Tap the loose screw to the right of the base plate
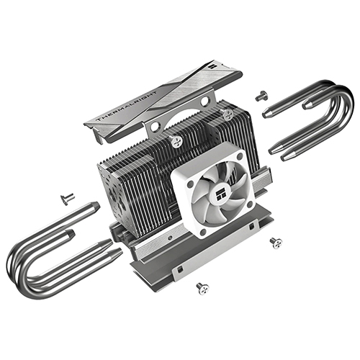tap(274, 242)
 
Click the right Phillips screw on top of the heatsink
tap(228, 113)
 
